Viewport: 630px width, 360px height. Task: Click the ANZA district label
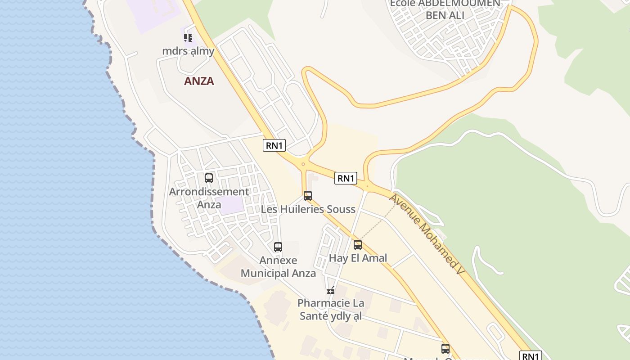point(199,81)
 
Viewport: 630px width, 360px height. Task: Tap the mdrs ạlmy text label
point(188,51)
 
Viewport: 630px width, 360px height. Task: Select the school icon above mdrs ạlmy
point(188,38)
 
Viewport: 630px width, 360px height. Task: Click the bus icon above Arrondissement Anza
point(209,178)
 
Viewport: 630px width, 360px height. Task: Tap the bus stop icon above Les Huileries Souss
point(308,196)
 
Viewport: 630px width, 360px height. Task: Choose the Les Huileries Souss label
point(308,209)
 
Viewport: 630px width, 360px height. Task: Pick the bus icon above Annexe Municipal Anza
point(278,247)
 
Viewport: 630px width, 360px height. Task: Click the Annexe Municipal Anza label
point(278,267)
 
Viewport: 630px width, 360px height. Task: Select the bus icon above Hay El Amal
point(358,245)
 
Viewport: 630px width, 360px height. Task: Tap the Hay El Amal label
point(358,258)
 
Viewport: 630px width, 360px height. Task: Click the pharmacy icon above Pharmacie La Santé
point(331,290)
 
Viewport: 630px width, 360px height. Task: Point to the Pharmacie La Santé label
point(331,310)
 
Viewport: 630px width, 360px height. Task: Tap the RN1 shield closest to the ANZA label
point(274,145)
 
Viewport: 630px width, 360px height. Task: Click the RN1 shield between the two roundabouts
point(346,178)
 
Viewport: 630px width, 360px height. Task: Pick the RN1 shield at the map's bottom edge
point(531,356)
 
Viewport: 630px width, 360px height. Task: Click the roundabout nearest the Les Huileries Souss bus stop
point(303,164)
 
